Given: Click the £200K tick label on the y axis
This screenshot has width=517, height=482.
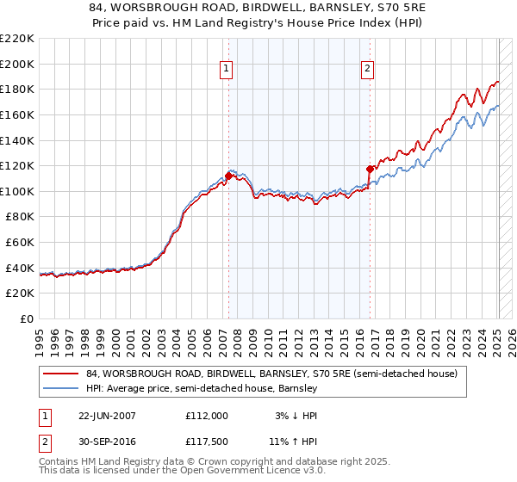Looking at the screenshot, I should (18, 64).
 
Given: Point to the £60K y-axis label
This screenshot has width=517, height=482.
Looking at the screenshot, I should (21, 243).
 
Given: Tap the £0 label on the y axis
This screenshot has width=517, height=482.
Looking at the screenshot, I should (28, 319).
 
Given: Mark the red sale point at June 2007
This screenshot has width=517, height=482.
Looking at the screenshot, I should (228, 176).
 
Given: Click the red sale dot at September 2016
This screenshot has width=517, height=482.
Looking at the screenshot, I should (370, 169).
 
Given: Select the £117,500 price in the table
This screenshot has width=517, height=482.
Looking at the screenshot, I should (206, 443).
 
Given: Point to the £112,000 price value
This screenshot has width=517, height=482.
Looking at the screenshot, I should (206, 415).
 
